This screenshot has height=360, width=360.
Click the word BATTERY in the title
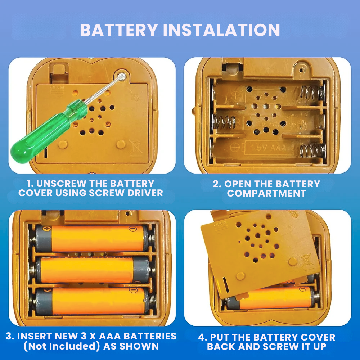pos(119,30)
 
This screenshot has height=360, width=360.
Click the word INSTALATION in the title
pos(221,30)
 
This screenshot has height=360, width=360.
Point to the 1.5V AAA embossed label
pos(269,148)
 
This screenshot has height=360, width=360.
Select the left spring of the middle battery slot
pos(224,121)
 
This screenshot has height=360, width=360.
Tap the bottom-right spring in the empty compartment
pos(312,150)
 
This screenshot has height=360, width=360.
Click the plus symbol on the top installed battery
pos(47,229)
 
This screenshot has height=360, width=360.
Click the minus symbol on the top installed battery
pos(132,229)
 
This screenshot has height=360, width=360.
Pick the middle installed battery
pos(93,270)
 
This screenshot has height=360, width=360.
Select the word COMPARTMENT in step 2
pos(266,193)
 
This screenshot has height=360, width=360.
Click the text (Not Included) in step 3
pos(62,346)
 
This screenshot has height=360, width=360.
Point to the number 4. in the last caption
pos(203,337)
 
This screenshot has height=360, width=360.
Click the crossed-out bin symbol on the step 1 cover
pos(135,147)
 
